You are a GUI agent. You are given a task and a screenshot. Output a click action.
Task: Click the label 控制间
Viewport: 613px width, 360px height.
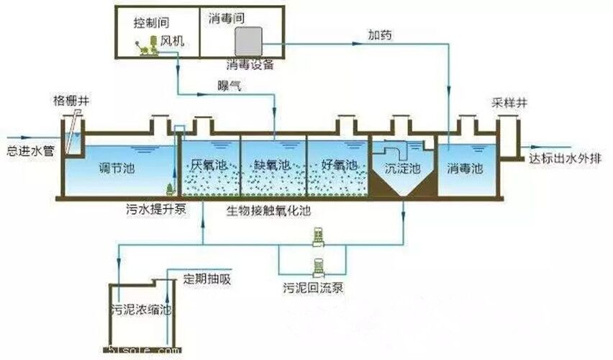pos(150,23)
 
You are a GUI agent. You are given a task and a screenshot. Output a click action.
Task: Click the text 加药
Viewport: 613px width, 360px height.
pos(381,34)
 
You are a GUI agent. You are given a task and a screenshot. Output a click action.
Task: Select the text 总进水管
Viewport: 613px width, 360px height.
pos(26,153)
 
